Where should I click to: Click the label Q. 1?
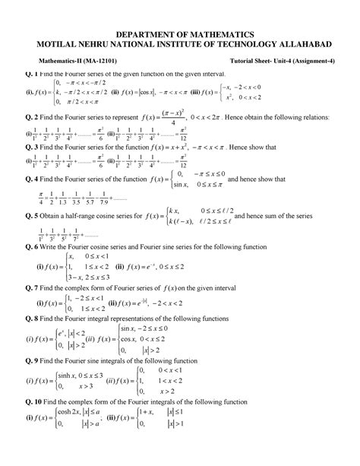tap(31, 74)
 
